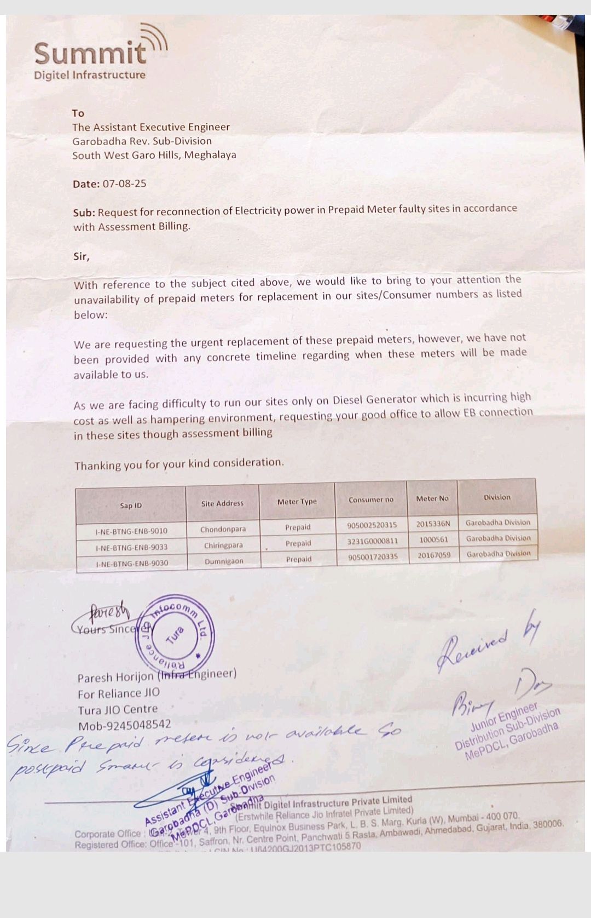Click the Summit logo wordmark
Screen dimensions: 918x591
click(91, 53)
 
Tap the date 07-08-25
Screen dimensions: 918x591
click(124, 183)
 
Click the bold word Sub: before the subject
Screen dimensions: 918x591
click(84, 213)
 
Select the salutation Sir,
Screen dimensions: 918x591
click(82, 256)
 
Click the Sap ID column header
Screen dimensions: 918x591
click(131, 506)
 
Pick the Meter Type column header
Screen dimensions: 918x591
click(297, 502)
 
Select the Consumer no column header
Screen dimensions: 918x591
click(371, 500)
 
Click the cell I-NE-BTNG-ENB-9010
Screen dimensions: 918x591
click(131, 531)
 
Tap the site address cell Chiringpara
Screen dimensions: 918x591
click(223, 546)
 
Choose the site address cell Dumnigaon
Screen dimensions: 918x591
click(224, 561)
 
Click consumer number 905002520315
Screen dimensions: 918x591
click(372, 525)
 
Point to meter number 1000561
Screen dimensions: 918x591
click(433, 540)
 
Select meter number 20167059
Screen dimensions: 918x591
click(434, 555)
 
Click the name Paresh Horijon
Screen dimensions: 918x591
click(115, 678)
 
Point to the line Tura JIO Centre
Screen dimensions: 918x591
click(118, 709)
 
